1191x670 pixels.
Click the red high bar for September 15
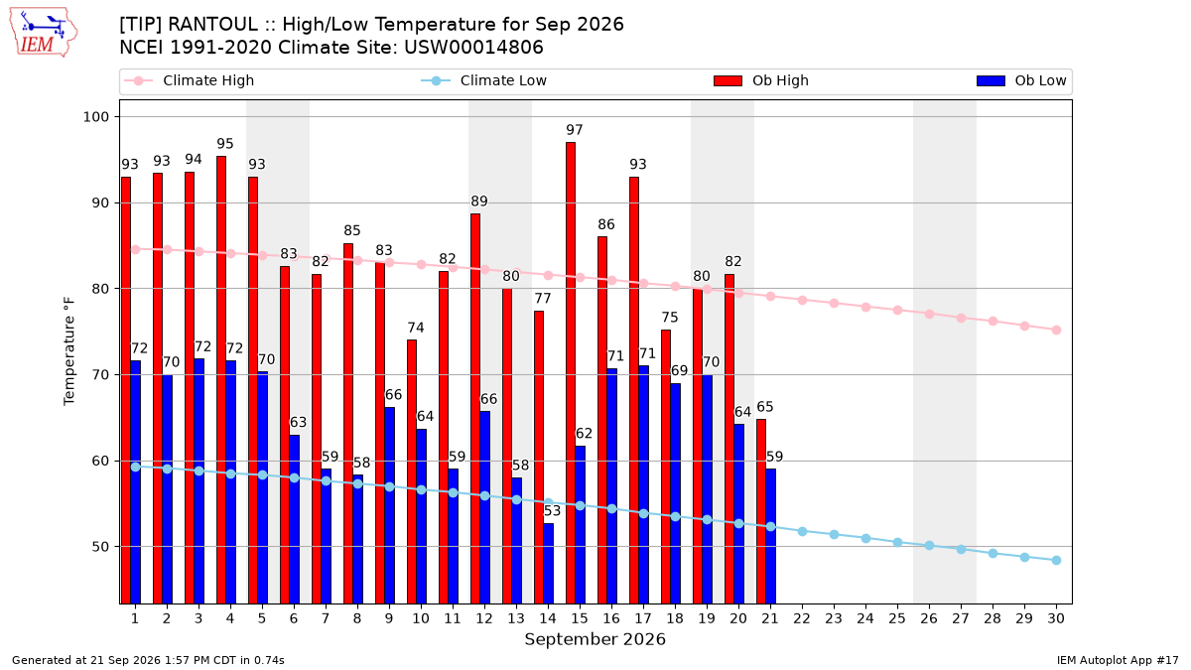571,373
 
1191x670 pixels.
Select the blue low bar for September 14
548,564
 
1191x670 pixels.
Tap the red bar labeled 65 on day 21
761,511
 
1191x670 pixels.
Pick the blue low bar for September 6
294,519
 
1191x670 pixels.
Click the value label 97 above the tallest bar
575,130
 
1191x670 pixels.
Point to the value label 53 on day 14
552,511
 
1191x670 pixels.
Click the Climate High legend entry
189,80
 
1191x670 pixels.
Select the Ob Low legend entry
1021,80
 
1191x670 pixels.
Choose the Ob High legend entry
761,80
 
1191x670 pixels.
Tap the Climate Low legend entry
483,80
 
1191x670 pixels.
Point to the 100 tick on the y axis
95,117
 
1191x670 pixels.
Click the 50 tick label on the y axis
100,547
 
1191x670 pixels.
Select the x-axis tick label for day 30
1056,618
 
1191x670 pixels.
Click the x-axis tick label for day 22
802,618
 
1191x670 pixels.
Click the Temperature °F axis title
69,351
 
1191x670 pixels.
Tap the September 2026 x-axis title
595,639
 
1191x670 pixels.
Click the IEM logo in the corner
43,33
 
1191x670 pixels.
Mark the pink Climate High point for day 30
1056,331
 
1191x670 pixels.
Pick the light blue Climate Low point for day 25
897,542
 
